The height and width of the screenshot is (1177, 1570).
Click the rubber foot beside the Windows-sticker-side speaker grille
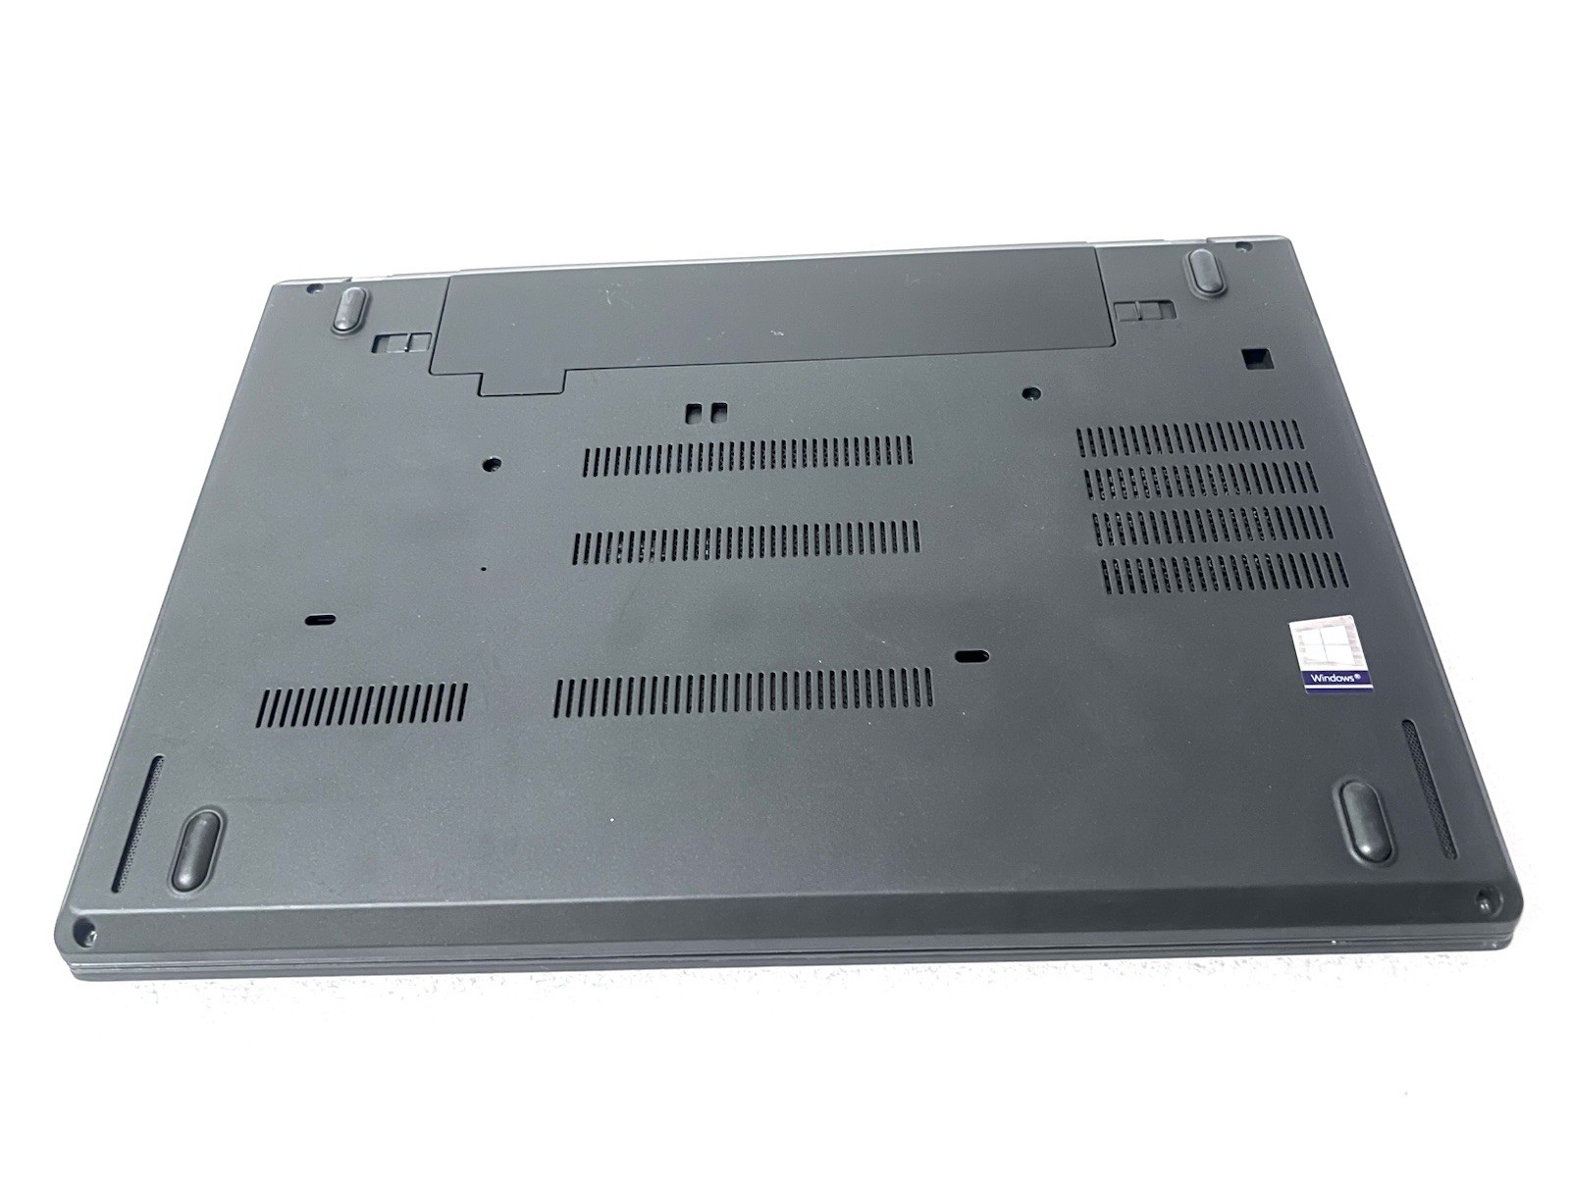(x=1366, y=820)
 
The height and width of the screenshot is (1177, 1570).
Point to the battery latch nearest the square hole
(x=1144, y=312)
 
